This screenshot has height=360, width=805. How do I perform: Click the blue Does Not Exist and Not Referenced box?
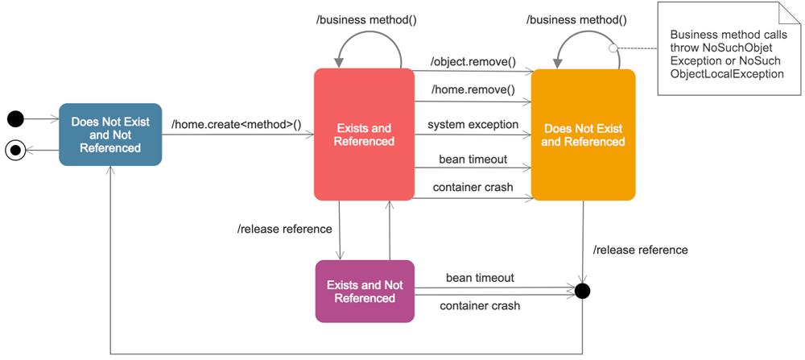[x=110, y=134]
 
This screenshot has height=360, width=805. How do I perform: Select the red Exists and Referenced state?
[x=364, y=134]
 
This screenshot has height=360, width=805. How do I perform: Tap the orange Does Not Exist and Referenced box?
[x=583, y=134]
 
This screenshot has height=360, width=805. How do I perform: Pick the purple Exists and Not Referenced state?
[x=365, y=292]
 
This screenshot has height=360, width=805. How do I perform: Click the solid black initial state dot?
[x=15, y=120]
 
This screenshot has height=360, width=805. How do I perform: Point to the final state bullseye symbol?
[x=15, y=150]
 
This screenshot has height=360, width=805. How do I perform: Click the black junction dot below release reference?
[x=583, y=290]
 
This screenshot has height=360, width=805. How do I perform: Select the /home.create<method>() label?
[x=236, y=124]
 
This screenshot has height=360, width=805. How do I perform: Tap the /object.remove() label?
[x=473, y=61]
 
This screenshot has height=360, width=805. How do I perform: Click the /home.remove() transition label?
[x=473, y=89]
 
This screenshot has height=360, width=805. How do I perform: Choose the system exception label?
[x=473, y=125]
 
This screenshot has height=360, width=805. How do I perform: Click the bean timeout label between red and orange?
[x=473, y=159]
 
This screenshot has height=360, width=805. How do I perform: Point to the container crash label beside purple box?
[x=480, y=306]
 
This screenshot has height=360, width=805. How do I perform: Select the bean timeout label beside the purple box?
[x=480, y=278]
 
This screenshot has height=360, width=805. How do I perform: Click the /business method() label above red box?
[x=366, y=19]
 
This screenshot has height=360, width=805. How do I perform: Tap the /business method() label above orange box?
[x=576, y=19]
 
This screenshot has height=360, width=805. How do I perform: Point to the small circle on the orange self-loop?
[x=613, y=48]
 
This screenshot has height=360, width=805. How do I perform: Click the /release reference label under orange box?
[x=640, y=250]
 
